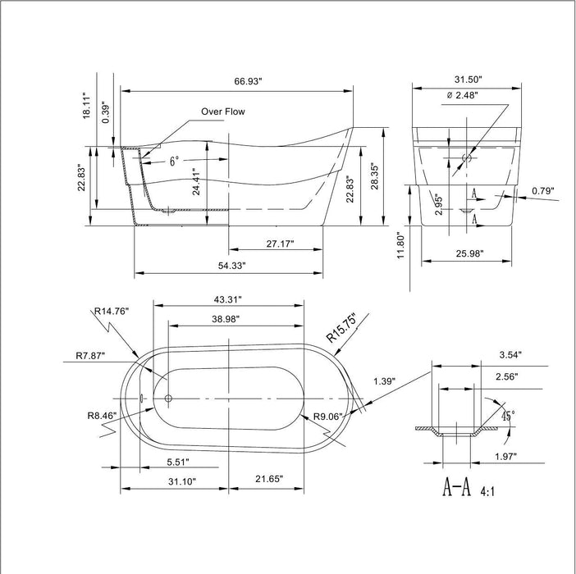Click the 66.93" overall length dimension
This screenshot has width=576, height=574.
coord(253,81)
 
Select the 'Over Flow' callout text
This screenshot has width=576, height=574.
coord(222,112)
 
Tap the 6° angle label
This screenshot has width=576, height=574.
coord(175,162)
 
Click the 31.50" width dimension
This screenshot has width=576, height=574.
coord(467,80)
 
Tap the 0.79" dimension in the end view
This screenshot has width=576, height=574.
coord(542,191)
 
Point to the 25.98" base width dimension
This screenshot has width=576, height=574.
coord(469,254)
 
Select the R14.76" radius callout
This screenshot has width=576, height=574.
coord(111,311)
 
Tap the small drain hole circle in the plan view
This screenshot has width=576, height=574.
coord(168,399)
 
